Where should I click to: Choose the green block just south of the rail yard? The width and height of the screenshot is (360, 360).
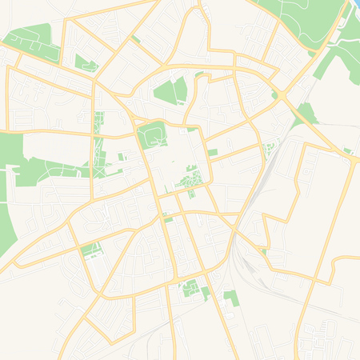click(x=231, y=297)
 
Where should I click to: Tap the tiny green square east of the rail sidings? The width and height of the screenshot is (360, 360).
click(x=263, y=252)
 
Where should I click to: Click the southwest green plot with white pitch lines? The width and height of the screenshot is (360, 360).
click(x=90, y=250)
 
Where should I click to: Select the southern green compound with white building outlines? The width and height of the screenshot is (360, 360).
click(x=192, y=288)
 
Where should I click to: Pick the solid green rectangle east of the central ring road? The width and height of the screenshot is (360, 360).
click(x=212, y=152)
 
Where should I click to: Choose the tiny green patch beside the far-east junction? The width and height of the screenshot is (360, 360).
click(x=348, y=150)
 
